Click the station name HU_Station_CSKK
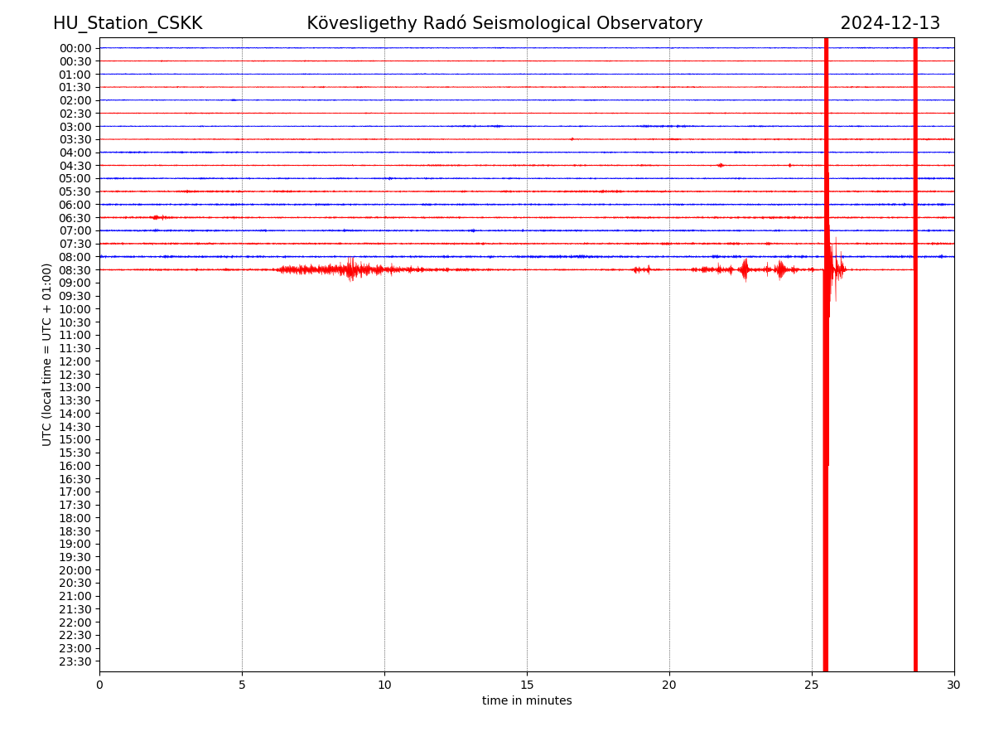click(x=128, y=23)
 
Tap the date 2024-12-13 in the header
click(x=890, y=23)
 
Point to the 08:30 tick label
click(x=75, y=270)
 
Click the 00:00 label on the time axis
click(x=75, y=48)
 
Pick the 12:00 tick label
click(x=75, y=361)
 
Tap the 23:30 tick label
click(x=75, y=661)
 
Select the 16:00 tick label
click(x=75, y=466)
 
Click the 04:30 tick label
click(x=75, y=166)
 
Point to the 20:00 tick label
click(x=75, y=570)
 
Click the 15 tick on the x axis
click(x=527, y=685)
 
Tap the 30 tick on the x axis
click(x=954, y=685)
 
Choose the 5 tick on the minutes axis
click(x=242, y=685)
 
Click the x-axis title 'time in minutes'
click(x=527, y=701)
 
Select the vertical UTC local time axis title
click(x=47, y=355)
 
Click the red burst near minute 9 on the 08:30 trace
click(x=351, y=269)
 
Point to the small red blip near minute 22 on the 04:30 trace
click(x=720, y=165)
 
